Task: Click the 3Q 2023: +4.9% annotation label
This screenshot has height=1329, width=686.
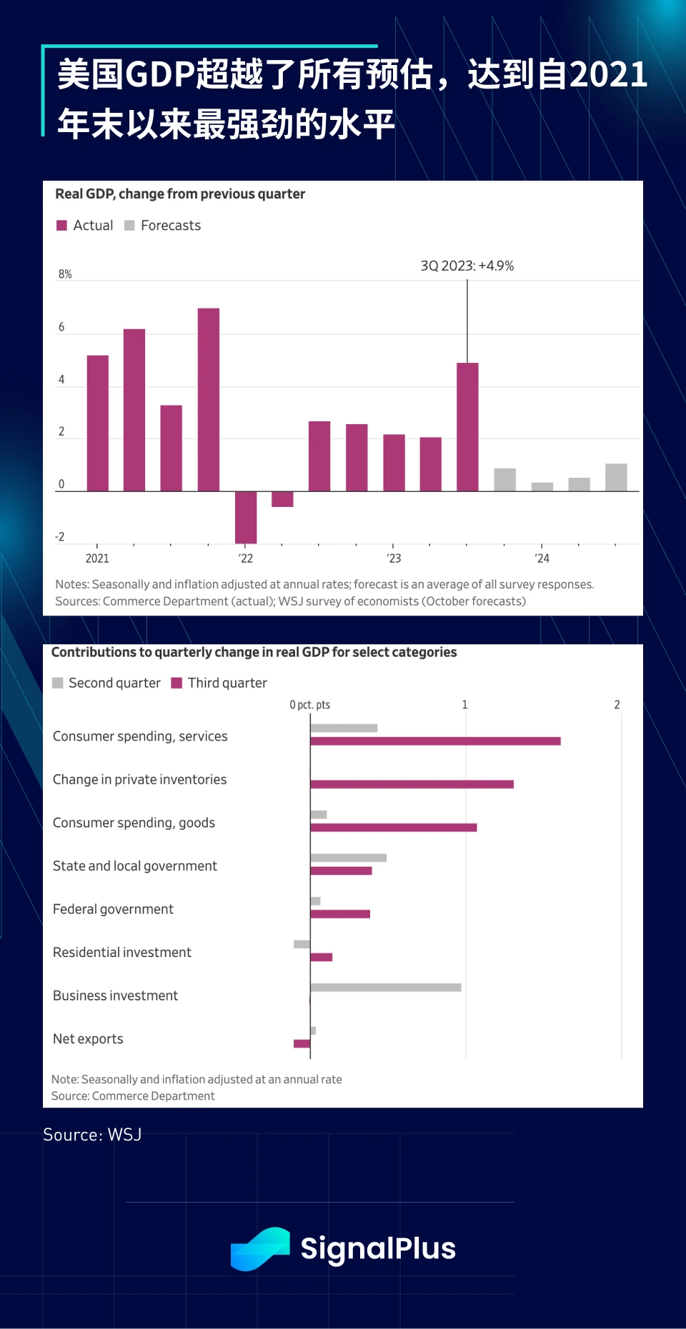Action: (467, 266)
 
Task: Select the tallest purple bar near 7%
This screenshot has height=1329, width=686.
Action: (209, 399)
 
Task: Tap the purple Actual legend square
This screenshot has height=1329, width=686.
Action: (61, 226)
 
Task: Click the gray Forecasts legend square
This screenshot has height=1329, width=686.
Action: (129, 226)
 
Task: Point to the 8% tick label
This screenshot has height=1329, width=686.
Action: (65, 274)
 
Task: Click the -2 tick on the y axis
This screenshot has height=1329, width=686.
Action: (60, 537)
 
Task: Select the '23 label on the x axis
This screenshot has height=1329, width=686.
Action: (394, 558)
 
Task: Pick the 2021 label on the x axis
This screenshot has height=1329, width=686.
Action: (97, 558)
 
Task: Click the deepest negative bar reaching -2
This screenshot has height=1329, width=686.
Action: (246, 517)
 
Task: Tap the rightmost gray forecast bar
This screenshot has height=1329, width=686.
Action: (616, 477)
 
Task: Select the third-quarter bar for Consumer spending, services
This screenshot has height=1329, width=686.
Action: (435, 741)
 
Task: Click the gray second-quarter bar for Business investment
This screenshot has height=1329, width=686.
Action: (386, 988)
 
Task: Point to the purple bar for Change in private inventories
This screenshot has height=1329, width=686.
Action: (412, 784)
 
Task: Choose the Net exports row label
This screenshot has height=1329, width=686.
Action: (88, 1039)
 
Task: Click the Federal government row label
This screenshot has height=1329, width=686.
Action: (113, 909)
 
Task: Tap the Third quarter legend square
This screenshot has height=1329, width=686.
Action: (177, 683)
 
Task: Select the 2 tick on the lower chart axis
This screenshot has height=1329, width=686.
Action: (617, 705)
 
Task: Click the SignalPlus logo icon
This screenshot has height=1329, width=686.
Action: (260, 1249)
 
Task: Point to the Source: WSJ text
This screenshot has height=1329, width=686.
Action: (92, 1135)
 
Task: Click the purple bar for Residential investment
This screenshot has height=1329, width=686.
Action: (322, 957)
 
